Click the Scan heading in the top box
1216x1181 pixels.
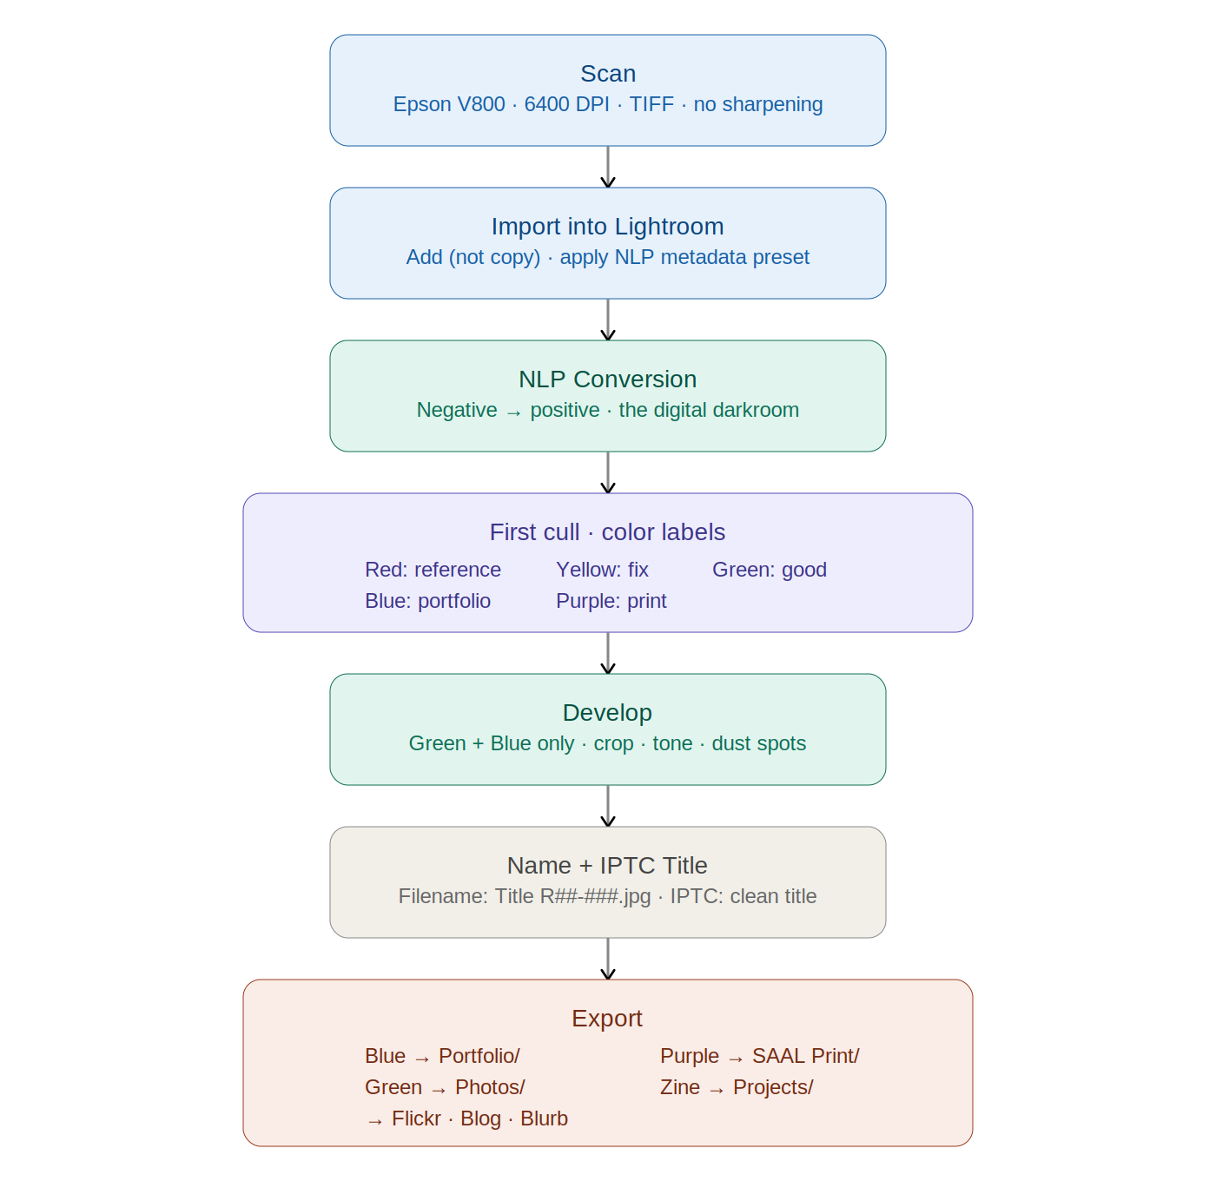coord(608,74)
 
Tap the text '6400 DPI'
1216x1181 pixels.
coord(566,103)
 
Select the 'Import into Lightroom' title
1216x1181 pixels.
coord(607,226)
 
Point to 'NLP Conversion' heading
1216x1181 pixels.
coord(607,379)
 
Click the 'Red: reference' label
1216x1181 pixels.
coord(433,570)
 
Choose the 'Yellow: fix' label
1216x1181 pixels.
coord(603,570)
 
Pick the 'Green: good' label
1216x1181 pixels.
coord(770,570)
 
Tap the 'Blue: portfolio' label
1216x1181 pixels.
coord(428,601)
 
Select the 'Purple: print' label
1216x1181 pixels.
coord(611,601)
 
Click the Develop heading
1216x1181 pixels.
coord(607,712)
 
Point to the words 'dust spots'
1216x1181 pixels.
coord(758,743)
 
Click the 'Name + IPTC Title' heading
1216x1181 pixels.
coord(607,866)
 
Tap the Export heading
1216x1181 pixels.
coord(607,1019)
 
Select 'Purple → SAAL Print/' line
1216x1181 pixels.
coord(760,1056)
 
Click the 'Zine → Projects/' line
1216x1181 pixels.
coord(737,1087)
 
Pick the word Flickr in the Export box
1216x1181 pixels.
coord(416,1118)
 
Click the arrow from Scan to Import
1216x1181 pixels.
coord(608,167)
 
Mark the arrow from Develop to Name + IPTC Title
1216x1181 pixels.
coord(608,806)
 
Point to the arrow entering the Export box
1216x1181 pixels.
coord(608,959)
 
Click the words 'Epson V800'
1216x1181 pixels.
coord(449,103)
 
